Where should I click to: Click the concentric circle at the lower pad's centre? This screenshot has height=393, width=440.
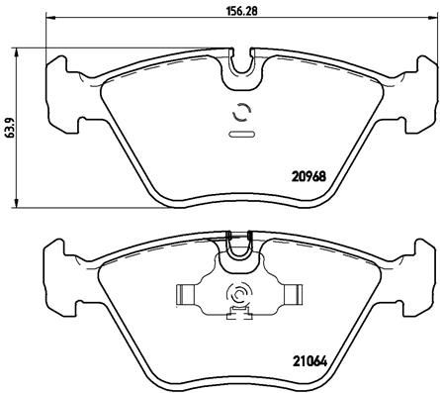point(239,295)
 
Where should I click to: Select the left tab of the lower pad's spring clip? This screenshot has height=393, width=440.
point(185,294)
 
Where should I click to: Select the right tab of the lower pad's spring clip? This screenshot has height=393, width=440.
point(293,294)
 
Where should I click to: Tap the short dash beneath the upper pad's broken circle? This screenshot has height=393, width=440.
point(238,133)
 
